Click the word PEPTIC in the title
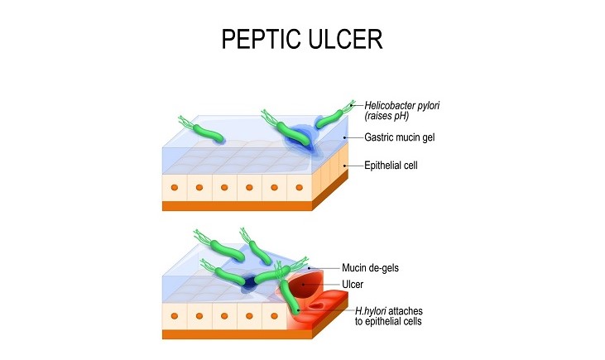[x=257, y=39]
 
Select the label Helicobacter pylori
[x=406, y=104]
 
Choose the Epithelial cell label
[x=396, y=166]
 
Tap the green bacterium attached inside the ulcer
[x=292, y=299]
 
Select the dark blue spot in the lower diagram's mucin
[x=248, y=285]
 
